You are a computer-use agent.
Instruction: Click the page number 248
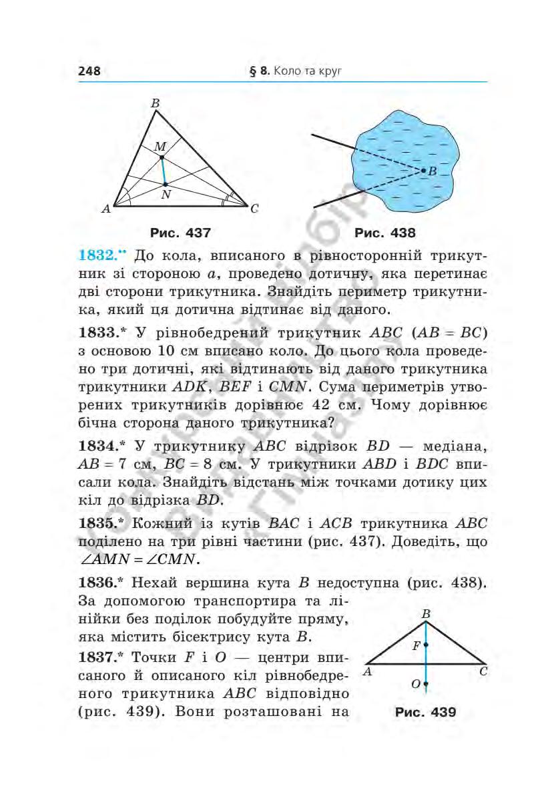(89, 71)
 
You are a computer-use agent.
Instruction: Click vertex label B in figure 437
(155, 103)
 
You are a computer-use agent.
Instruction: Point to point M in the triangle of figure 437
(162, 157)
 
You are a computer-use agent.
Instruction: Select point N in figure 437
(166, 183)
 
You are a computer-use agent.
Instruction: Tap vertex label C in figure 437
(254, 209)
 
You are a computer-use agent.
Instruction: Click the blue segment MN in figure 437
(164, 170)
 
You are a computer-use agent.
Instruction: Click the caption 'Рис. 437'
(180, 233)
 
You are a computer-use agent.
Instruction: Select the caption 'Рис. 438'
(385, 233)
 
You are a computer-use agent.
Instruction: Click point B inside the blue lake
(424, 171)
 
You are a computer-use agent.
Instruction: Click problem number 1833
(99, 332)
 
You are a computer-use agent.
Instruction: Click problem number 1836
(99, 583)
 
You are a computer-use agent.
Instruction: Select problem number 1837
(99, 657)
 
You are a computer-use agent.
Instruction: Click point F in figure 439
(425, 645)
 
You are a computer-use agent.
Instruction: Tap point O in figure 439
(425, 685)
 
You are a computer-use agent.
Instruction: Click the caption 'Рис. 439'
(425, 712)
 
